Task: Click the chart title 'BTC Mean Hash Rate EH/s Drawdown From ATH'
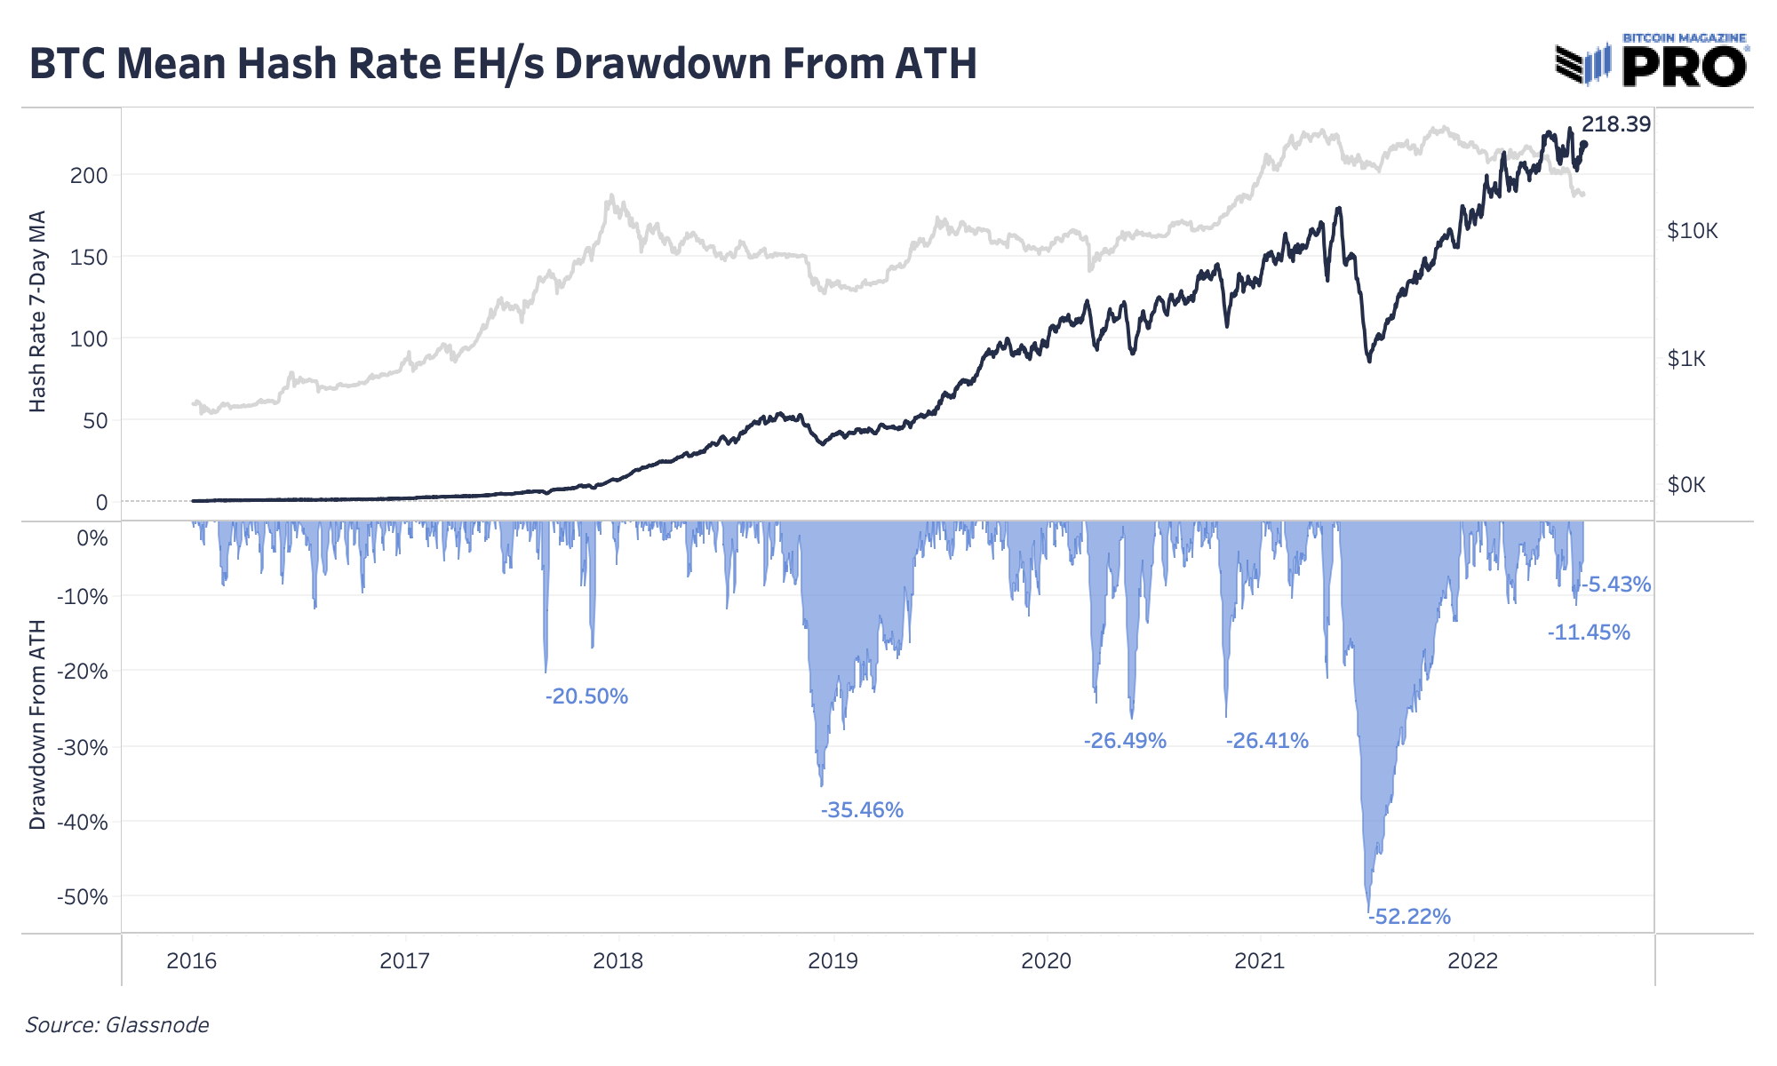click(x=503, y=64)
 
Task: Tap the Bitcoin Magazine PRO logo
click(x=1651, y=61)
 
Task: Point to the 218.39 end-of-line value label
click(x=1615, y=124)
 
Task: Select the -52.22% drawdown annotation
click(x=1409, y=916)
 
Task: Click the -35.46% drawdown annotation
click(x=862, y=809)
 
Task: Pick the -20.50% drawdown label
click(x=586, y=696)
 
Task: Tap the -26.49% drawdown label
click(x=1125, y=740)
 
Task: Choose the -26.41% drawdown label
click(x=1267, y=740)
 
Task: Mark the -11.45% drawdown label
click(x=1589, y=632)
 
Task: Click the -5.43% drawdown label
click(x=1615, y=584)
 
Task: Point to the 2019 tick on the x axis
click(x=833, y=960)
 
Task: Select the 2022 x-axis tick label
click(x=1473, y=960)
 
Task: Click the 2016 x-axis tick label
click(x=192, y=960)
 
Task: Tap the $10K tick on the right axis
click(x=1693, y=231)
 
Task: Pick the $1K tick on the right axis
click(x=1686, y=359)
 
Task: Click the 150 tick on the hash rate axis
click(x=89, y=257)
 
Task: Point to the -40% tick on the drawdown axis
click(x=82, y=822)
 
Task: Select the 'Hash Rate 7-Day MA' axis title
click(x=37, y=311)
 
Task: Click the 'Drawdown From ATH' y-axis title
click(x=37, y=725)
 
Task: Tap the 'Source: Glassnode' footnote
click(x=117, y=1025)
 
